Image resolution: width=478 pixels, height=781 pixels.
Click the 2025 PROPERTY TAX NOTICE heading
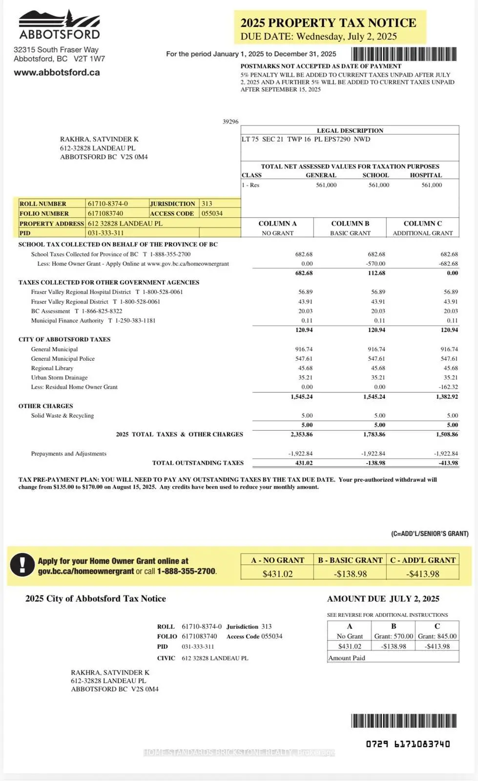(x=328, y=23)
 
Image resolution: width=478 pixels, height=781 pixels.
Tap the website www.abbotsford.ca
(x=57, y=73)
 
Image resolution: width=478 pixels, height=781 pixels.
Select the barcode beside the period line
(x=404, y=54)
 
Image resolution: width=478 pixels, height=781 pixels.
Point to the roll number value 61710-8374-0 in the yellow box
(x=107, y=204)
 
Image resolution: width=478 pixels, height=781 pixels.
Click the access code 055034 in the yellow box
(x=212, y=213)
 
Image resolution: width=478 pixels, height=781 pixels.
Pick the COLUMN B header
(x=350, y=224)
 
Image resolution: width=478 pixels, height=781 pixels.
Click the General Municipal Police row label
(x=62, y=359)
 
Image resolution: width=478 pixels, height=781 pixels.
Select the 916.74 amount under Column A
(x=304, y=349)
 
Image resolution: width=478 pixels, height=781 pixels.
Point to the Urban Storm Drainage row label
(x=59, y=378)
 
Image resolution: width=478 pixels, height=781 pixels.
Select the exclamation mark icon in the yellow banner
(x=21, y=565)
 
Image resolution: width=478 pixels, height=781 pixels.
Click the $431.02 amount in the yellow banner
(x=277, y=574)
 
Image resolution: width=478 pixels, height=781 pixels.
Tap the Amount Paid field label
(x=347, y=658)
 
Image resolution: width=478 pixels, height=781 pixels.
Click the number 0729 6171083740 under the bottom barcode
(x=408, y=744)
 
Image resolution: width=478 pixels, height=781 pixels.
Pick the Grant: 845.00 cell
(x=437, y=636)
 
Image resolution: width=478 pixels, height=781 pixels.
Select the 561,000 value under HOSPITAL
(x=432, y=185)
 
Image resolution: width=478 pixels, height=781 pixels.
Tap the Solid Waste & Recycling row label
(x=62, y=416)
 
